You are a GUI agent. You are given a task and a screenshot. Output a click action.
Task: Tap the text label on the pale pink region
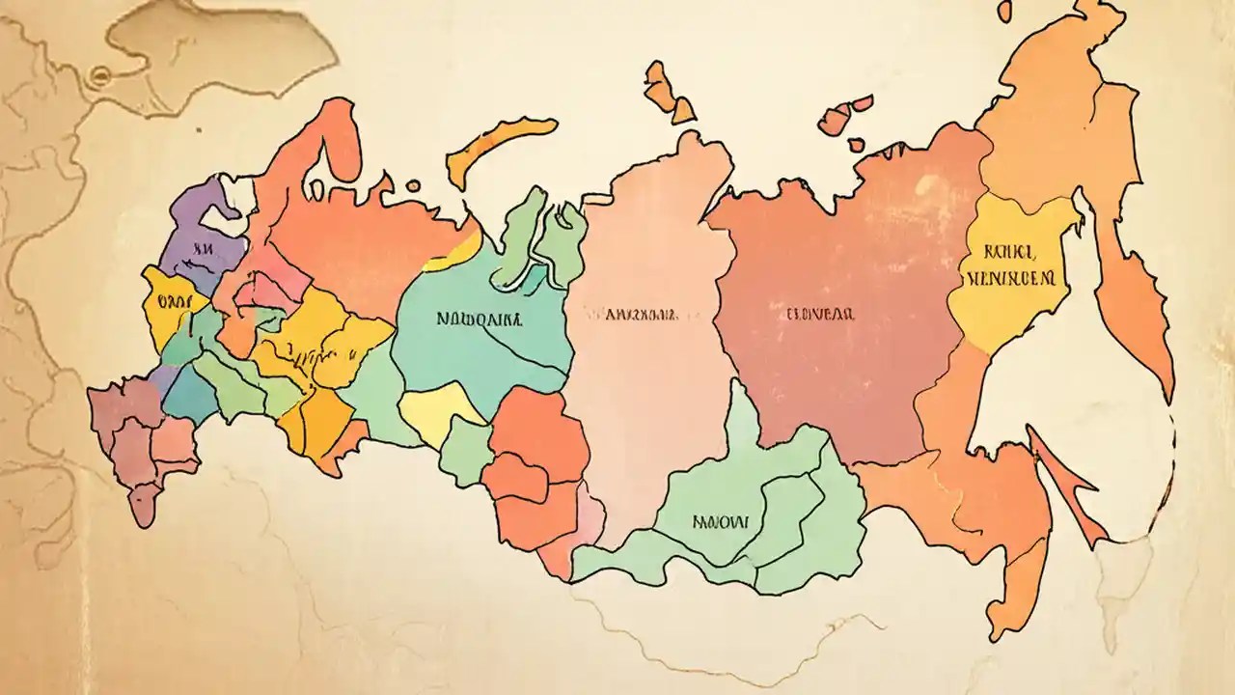click(628, 314)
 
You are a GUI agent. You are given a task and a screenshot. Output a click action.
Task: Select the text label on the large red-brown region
click(818, 314)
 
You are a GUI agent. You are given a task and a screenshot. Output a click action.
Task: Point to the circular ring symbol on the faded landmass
click(97, 73)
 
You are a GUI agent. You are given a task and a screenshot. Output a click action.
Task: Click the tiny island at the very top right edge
click(1005, 11)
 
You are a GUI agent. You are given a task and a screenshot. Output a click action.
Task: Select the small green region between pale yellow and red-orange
click(467, 449)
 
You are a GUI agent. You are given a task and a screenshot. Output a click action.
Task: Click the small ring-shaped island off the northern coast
click(413, 185)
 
